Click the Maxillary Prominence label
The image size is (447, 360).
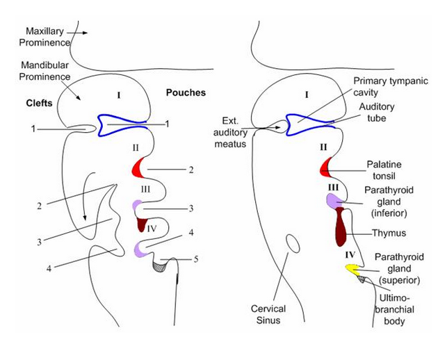[x=48, y=37]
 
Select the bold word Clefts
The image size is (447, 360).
[x=31, y=104]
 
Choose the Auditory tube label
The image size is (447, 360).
[x=377, y=113]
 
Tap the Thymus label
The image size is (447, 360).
[x=387, y=234]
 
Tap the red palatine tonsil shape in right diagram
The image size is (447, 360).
[x=325, y=167]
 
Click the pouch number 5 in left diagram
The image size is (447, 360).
[x=195, y=259]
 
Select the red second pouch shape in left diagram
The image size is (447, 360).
[x=138, y=167]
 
